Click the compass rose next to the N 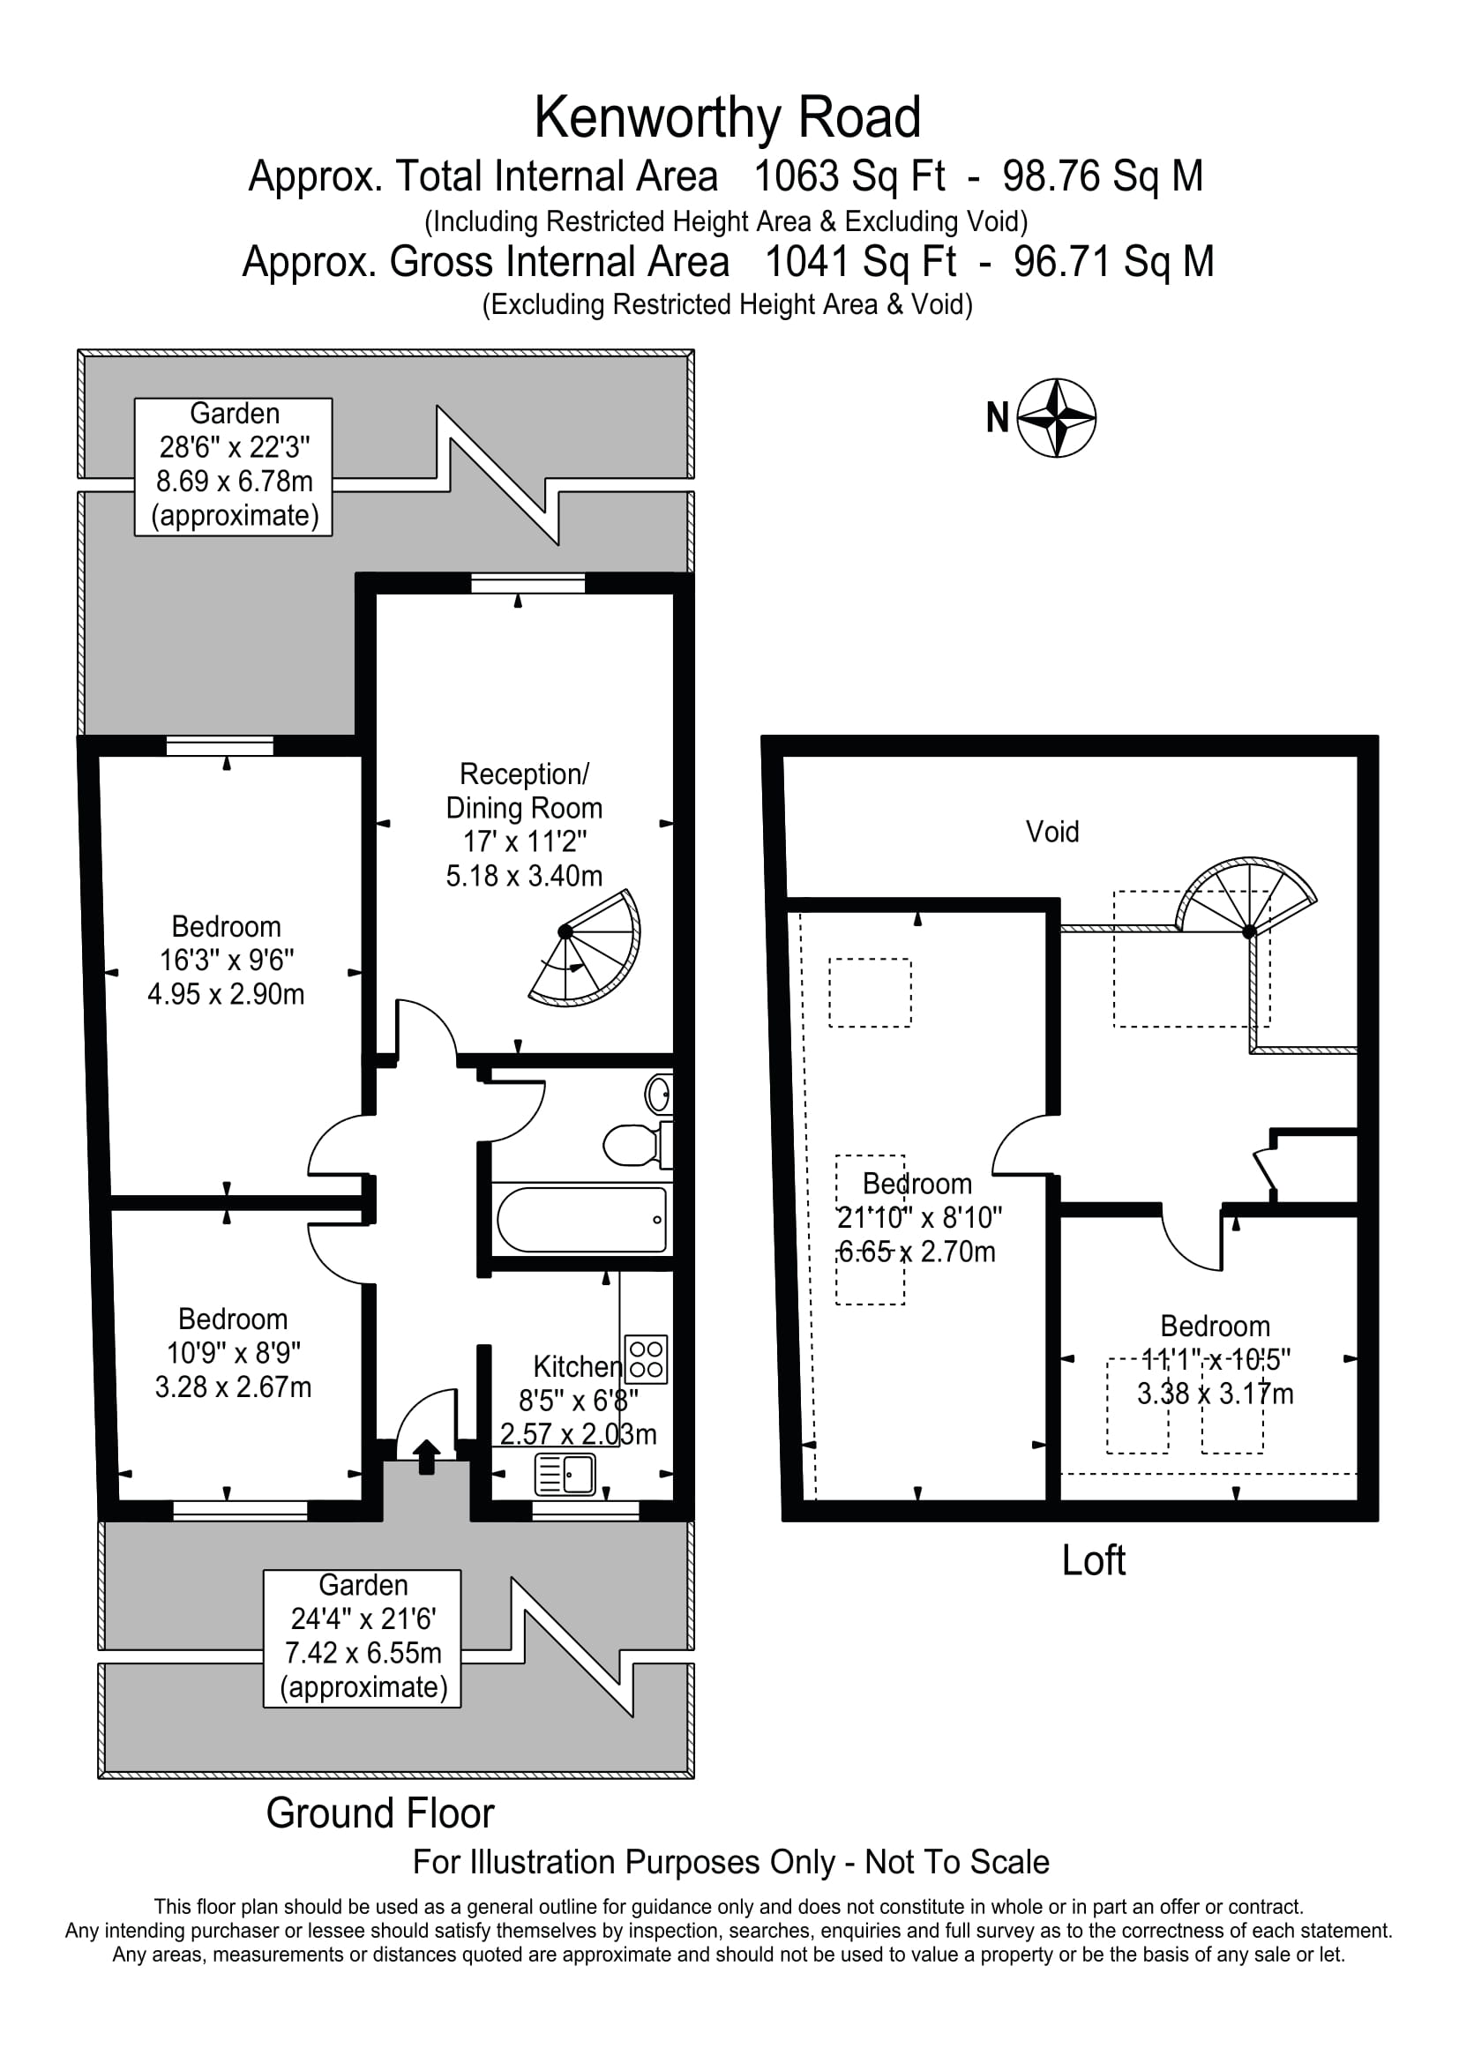1058,418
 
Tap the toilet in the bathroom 637,1145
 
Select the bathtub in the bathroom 582,1219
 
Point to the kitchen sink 565,1475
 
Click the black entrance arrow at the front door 426,1456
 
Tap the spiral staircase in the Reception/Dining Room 585,948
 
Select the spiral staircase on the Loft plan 1246,899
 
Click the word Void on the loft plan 1052,831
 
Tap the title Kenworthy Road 728,117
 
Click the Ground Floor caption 380,1813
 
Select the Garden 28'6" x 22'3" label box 234,467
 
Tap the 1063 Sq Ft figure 849,176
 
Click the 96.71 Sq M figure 1114,262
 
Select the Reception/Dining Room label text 524,790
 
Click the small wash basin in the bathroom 659,1095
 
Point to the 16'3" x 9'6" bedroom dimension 227,960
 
